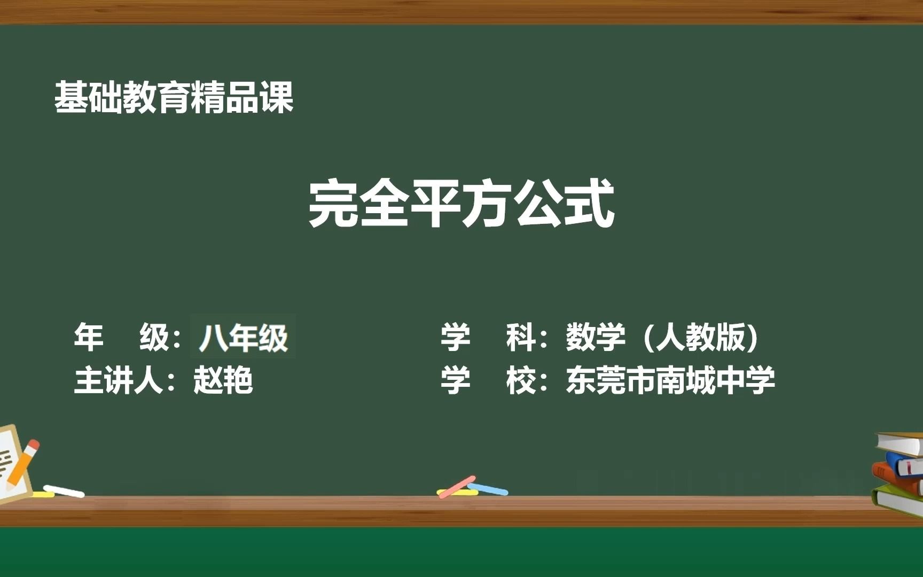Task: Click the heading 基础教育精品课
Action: pyautogui.click(x=174, y=97)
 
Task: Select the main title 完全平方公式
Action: pyautogui.click(x=461, y=204)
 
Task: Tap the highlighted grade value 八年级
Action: pyautogui.click(x=243, y=338)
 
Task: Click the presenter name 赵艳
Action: pyautogui.click(x=223, y=380)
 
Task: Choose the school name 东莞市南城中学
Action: pyautogui.click(x=671, y=380)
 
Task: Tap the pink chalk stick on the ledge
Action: pyautogui.click(x=457, y=487)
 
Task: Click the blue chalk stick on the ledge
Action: pyautogui.click(x=488, y=489)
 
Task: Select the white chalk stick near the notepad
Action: pyautogui.click(x=64, y=491)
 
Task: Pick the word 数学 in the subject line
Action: pyautogui.click(x=596, y=337)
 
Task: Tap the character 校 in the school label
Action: pyautogui.click(x=521, y=380)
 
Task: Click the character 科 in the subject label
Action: pyautogui.click(x=521, y=337)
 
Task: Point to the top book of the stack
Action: pyautogui.click(x=901, y=443)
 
